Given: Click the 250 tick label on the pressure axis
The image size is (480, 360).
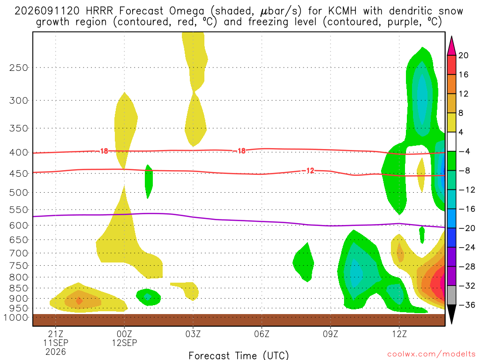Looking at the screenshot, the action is tap(19, 67).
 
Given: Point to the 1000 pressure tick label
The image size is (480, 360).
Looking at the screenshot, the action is tap(16, 317).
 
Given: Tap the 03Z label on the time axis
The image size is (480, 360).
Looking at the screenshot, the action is tap(193, 334).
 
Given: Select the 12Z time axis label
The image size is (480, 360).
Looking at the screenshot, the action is tap(399, 334).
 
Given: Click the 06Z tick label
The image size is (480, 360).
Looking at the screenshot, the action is tap(262, 334).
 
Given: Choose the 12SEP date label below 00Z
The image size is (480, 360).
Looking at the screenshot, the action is tap(125, 343).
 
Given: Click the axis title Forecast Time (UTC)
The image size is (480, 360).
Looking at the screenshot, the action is tap(239, 355).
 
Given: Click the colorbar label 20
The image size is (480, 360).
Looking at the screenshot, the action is tap(463, 55).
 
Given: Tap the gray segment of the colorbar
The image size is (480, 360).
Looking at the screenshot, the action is tap(451, 295).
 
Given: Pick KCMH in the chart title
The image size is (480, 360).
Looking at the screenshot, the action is tap(342, 11).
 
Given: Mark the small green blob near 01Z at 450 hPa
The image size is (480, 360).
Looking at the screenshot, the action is tap(149, 181).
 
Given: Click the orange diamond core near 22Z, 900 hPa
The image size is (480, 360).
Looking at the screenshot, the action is tap(79, 301).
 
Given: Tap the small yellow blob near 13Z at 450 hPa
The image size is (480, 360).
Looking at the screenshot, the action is tap(421, 175).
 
